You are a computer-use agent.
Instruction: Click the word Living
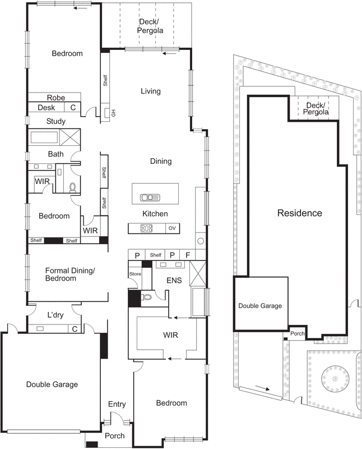[150, 91]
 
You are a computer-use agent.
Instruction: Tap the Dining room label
[160, 162]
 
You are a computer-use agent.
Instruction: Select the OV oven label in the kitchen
[173, 228]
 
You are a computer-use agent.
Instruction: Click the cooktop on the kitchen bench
[146, 228]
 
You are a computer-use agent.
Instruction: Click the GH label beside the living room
[113, 113]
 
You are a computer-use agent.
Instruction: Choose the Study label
[56, 121]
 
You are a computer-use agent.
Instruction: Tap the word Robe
[56, 98]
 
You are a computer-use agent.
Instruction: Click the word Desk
[46, 108]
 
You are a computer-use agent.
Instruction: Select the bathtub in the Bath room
[47, 138]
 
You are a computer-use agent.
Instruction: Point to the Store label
[135, 274]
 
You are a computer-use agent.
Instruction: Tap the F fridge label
[188, 255]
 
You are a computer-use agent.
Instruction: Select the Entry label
[117, 404]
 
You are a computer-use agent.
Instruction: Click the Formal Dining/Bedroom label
[70, 274]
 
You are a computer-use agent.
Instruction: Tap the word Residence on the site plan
[300, 213]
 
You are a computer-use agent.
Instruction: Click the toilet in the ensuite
[146, 297]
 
